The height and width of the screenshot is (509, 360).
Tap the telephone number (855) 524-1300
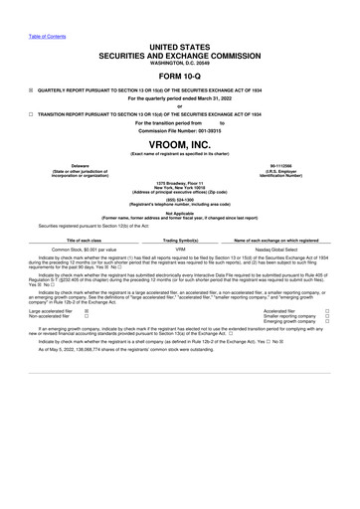[180, 199]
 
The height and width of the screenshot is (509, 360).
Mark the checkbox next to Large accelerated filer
[88, 310]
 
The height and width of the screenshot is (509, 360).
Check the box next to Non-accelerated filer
[88, 316]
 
